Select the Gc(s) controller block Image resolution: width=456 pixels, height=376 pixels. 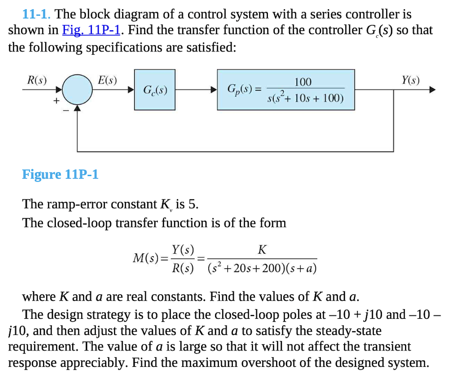155,90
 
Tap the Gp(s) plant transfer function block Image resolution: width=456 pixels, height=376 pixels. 286,90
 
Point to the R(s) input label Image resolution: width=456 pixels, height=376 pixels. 37,80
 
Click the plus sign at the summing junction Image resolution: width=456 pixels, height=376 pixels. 56,100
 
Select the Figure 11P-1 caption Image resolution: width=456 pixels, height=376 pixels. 60,174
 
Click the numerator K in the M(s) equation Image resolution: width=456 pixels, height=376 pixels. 262,250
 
